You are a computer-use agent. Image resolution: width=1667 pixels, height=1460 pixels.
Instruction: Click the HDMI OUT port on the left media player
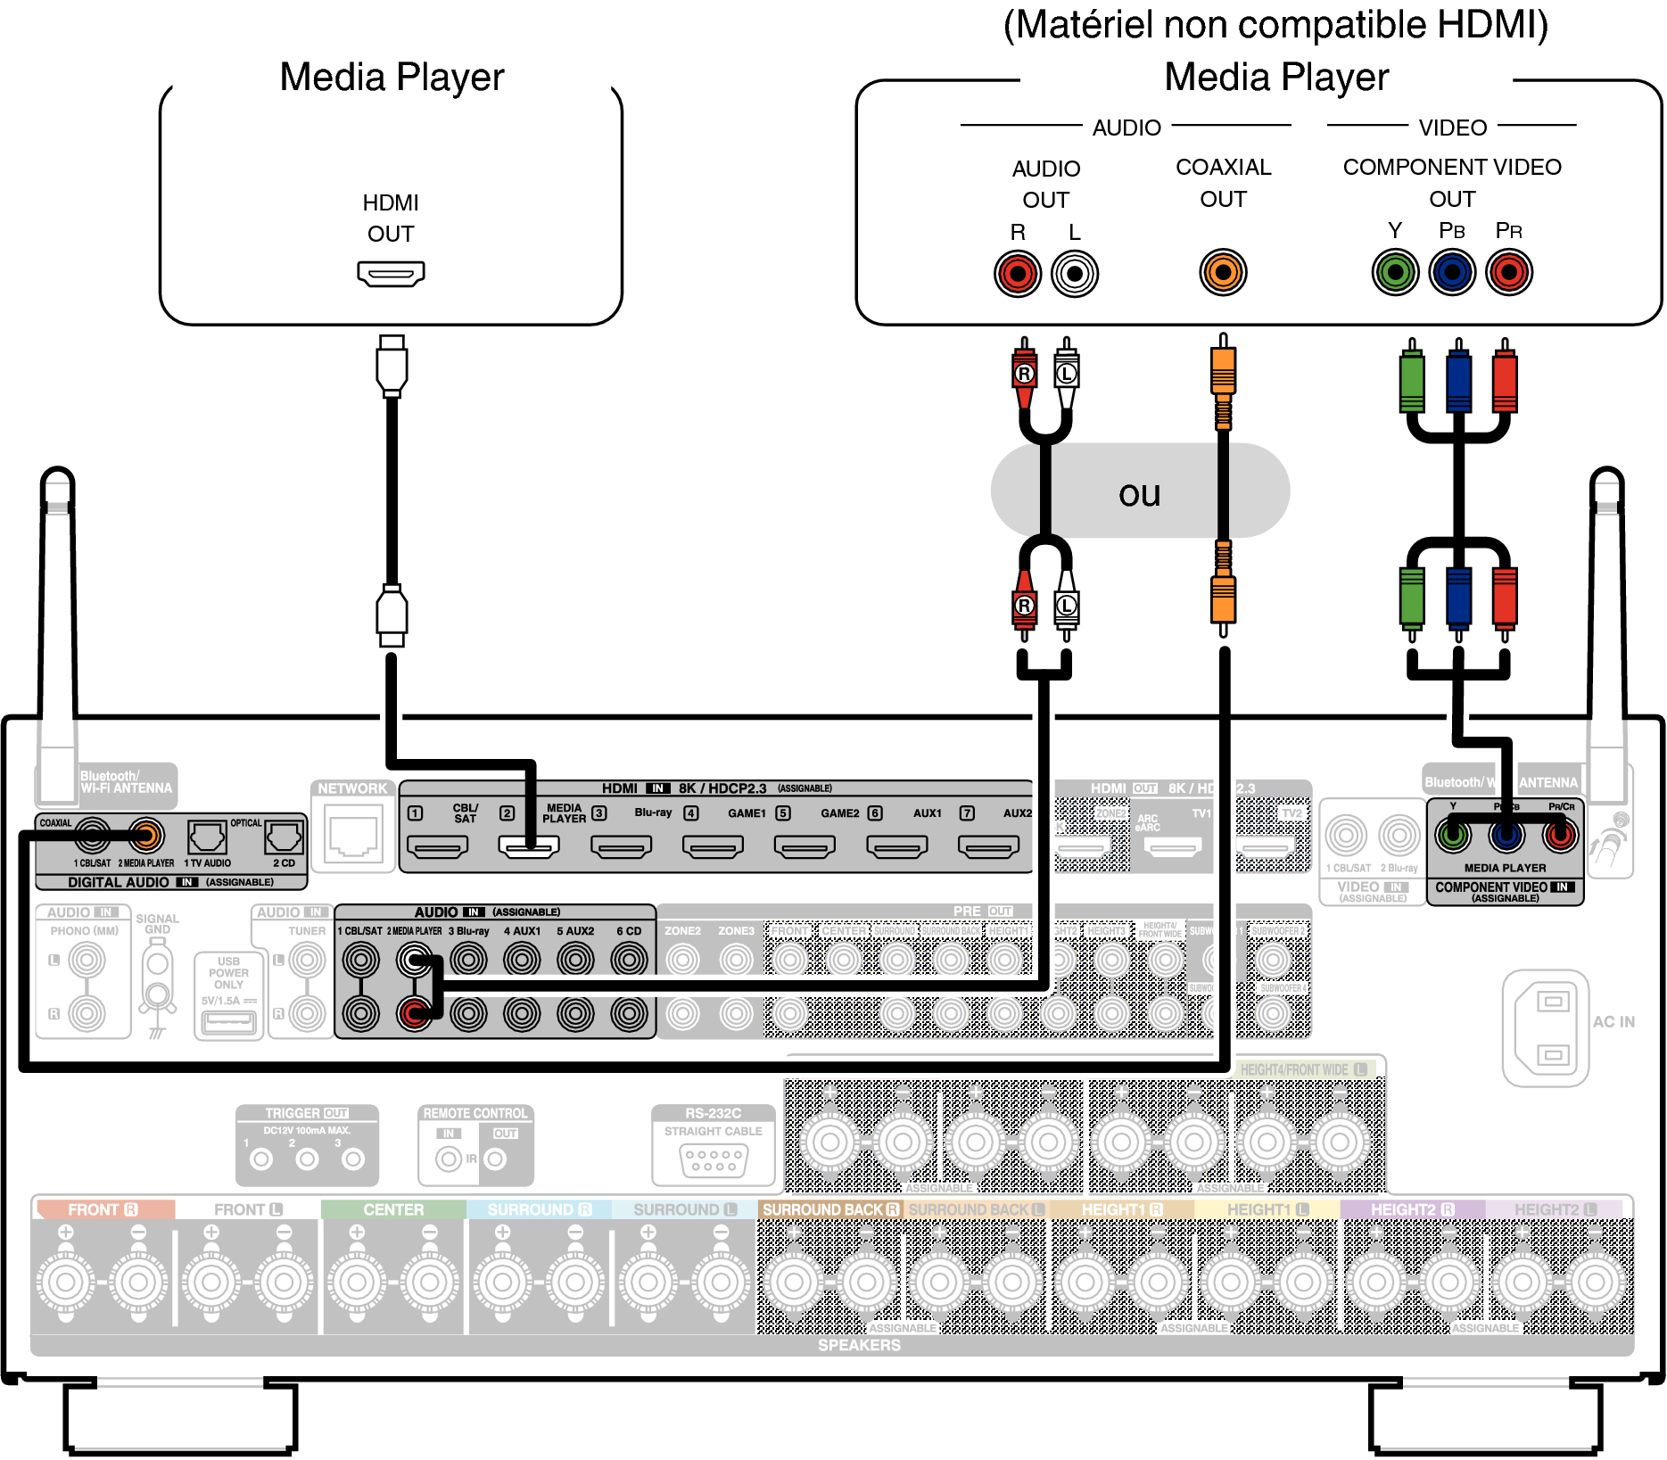[391, 273]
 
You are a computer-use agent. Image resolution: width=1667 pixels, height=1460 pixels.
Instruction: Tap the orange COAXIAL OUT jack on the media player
[1223, 272]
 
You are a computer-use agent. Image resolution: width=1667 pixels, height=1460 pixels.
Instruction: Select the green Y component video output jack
[1395, 272]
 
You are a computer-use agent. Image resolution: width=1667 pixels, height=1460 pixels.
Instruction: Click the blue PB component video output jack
[1452, 272]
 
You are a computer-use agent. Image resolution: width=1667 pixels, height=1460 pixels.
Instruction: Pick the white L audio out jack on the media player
[1075, 274]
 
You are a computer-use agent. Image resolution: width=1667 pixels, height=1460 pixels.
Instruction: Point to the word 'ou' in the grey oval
[1139, 493]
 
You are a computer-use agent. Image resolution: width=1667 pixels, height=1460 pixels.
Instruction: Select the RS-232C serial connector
[713, 1159]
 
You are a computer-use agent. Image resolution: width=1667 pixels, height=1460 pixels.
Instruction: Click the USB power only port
[228, 1022]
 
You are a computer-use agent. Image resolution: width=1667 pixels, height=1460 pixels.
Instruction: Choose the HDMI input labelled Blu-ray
[621, 845]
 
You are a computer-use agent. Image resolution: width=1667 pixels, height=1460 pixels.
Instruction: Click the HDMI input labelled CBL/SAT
[437, 845]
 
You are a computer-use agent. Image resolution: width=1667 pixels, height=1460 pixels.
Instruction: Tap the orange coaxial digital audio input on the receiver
[146, 836]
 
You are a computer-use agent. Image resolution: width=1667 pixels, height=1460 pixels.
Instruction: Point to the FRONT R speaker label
[103, 1209]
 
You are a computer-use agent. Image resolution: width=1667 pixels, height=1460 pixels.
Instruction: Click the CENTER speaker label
[393, 1209]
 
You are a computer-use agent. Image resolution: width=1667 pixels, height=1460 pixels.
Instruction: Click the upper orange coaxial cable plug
[1223, 375]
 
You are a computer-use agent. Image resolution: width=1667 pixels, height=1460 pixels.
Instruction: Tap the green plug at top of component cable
[1412, 379]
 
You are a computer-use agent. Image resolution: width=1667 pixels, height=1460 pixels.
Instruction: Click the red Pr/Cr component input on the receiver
[1560, 836]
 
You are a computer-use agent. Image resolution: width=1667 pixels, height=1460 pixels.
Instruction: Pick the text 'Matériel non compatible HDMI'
[1275, 25]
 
